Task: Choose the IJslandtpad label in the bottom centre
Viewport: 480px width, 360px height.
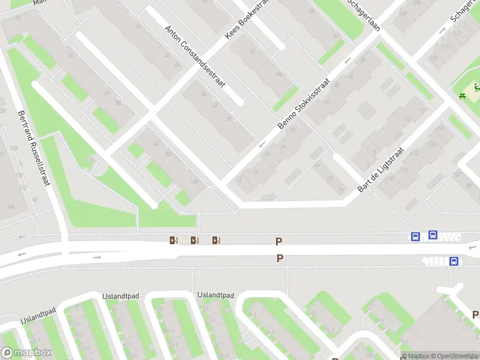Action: tap(215, 295)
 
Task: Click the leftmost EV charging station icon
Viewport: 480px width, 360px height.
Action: tap(173, 241)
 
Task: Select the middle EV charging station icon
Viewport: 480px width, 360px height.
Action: tap(194, 241)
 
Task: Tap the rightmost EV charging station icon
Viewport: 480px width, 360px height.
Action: tap(216, 241)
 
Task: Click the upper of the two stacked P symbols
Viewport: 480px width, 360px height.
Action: tap(278, 242)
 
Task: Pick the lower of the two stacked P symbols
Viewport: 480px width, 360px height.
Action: tap(279, 259)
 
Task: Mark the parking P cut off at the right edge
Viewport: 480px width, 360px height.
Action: tap(475, 314)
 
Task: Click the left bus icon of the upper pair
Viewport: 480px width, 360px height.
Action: tap(415, 237)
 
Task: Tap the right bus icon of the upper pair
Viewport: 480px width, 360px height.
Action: tap(433, 235)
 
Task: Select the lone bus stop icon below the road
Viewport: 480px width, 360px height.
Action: tap(454, 261)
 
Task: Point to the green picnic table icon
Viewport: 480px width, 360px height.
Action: tap(463, 94)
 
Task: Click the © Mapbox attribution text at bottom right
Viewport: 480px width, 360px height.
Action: tap(413, 356)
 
